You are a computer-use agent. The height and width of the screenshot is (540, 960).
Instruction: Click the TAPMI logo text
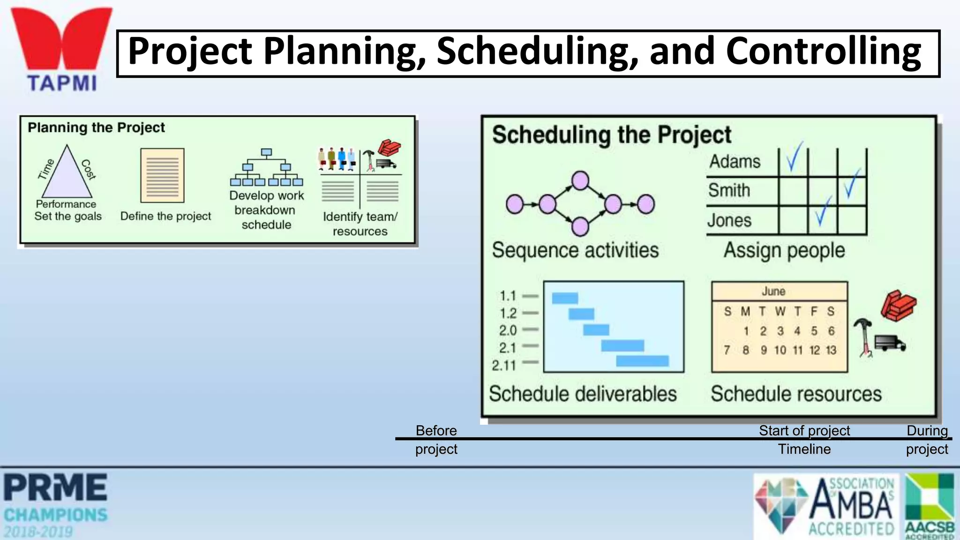pos(62,83)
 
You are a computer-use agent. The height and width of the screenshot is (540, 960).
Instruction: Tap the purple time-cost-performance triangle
pos(67,175)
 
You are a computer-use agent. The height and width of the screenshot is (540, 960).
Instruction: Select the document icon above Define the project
pos(162,175)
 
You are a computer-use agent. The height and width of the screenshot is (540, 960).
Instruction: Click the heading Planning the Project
pos(96,127)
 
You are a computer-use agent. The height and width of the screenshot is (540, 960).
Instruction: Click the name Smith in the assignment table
pos(729,190)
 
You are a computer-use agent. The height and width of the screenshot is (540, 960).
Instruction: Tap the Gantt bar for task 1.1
pos(565,298)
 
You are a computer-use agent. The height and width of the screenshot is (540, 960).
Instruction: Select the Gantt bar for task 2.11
pos(642,361)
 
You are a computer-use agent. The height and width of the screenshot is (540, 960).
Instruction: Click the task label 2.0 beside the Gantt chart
pos(508,330)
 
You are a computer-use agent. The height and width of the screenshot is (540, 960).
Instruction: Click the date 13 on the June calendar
pos(831,350)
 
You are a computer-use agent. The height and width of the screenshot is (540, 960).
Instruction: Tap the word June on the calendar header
pos(773,291)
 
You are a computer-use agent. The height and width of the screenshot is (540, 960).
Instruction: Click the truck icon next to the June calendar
pos(889,344)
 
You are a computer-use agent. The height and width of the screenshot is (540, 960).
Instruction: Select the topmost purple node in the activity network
pos(580,180)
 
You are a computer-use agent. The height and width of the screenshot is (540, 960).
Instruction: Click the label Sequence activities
pos(575,250)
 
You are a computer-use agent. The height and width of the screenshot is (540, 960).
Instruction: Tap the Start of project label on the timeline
pos(804,430)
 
